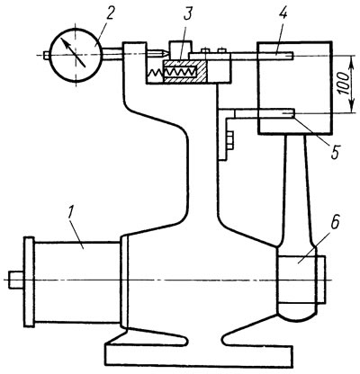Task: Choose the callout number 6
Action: pos(336,222)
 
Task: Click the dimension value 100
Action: pos(345,84)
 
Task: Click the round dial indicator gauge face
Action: pos(76,56)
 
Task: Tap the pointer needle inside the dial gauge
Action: pos(74,53)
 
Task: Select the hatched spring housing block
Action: pos(184,72)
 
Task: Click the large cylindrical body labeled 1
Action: pos(76,282)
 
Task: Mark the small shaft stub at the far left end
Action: pos(16,280)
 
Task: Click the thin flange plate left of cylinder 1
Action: pos(29,281)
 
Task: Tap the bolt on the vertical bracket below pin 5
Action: pos(230,140)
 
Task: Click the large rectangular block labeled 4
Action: pos(294,87)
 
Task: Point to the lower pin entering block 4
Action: pos(265,113)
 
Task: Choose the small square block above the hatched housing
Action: pos(180,50)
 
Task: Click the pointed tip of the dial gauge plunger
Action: pos(164,54)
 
